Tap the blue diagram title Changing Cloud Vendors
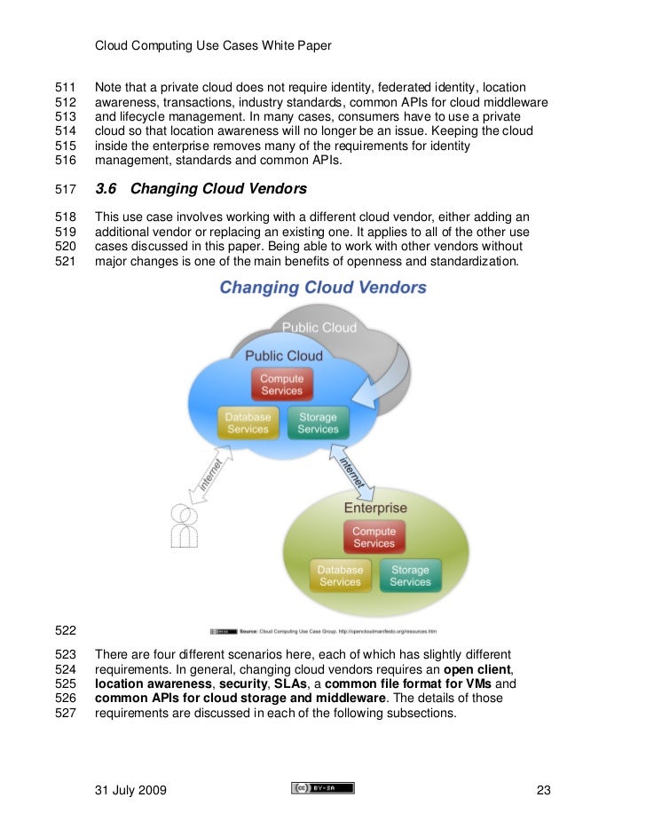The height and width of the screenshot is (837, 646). [323, 288]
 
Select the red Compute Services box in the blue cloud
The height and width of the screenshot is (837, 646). [282, 384]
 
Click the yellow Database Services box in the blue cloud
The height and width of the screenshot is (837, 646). [248, 422]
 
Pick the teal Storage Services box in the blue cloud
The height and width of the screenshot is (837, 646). [318, 422]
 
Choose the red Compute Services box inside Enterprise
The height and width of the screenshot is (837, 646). [374, 537]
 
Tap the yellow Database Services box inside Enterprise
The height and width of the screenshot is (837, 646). [340, 575]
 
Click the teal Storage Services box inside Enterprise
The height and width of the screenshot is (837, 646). [410, 575]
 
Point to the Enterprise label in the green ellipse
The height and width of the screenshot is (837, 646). [375, 509]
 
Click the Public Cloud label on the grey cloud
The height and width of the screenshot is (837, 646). [319, 328]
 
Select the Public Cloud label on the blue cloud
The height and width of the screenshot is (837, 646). [283, 356]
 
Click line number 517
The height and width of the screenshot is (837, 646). [67, 190]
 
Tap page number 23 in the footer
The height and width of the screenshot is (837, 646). [545, 790]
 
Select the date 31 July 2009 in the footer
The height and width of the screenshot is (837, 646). [130, 790]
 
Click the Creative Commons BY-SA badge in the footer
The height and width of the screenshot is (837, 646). [322, 788]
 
